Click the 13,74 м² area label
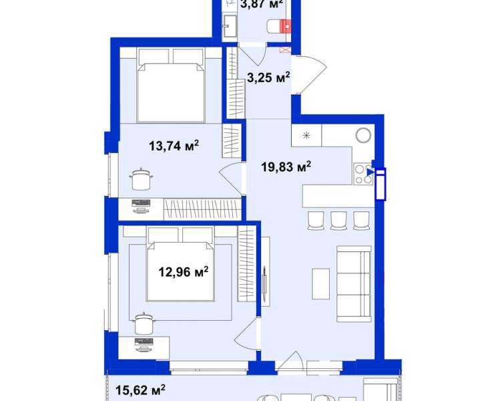[174, 146]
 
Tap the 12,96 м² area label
[184, 271]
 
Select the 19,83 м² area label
[286, 166]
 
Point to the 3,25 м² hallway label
[268, 77]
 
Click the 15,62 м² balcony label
[140, 390]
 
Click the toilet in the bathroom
[279, 26]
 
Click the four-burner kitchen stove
[363, 174]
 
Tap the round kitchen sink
[363, 136]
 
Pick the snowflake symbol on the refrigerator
[306, 136]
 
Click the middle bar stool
[338, 221]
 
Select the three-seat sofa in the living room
[354, 284]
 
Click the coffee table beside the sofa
[320, 283]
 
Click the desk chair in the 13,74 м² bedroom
[141, 179]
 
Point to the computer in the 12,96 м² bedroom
[144, 344]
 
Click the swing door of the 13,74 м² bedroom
[230, 179]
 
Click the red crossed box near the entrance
[284, 50]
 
